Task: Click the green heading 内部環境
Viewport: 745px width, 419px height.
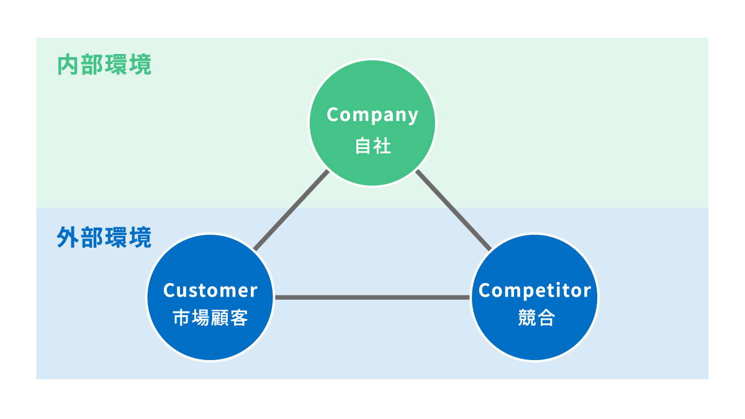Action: point(104,66)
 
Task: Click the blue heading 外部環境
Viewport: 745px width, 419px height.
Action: point(104,238)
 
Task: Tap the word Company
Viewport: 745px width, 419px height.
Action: point(372,115)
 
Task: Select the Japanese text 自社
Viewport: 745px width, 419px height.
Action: point(372,146)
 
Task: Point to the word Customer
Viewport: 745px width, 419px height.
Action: point(210,291)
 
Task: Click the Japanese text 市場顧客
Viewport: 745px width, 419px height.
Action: point(210,318)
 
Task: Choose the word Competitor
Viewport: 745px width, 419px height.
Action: point(535,291)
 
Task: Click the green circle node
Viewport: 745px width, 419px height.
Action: point(372,161)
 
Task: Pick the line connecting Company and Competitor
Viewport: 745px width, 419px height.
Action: point(453,210)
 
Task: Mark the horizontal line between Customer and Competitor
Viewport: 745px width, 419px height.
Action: point(372,298)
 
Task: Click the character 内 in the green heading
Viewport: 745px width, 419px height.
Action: point(68,66)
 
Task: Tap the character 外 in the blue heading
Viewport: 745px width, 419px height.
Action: point(68,238)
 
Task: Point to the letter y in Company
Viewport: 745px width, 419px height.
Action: point(412,117)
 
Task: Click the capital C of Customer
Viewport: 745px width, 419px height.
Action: point(168,291)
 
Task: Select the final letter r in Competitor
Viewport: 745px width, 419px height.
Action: point(587,291)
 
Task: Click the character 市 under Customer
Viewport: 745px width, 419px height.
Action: point(181,318)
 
